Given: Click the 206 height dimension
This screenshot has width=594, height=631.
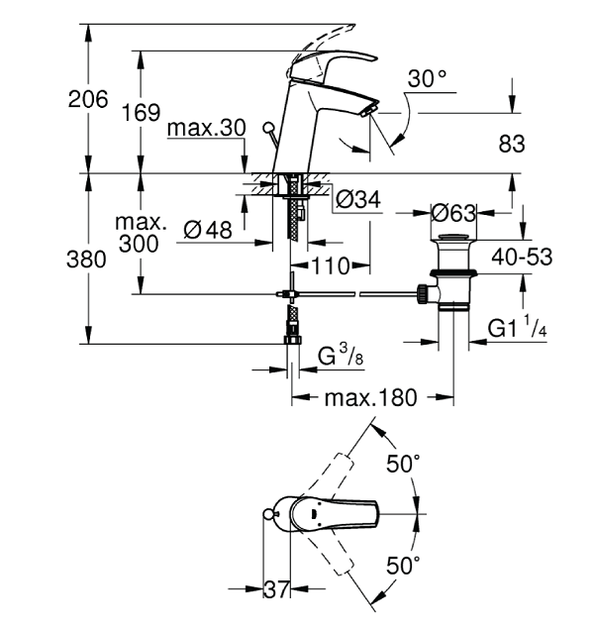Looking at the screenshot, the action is point(88,99).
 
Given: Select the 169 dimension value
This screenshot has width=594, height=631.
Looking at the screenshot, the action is point(141,112).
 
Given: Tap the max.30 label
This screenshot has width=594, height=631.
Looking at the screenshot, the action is point(206,129).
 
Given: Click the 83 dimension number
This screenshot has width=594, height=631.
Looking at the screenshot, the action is point(512,144).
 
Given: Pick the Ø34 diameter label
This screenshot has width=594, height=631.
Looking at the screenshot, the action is point(358,199).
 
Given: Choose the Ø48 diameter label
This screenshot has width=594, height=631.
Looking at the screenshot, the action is point(208,230).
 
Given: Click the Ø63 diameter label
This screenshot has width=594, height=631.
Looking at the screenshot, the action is point(453,213).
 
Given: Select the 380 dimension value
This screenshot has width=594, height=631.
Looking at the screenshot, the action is point(86,260).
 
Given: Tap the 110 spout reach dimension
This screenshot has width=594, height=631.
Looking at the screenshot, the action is point(331,266).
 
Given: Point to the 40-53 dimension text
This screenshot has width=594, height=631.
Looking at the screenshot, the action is point(522,257).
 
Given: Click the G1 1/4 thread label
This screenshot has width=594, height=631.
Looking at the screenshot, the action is point(517,327).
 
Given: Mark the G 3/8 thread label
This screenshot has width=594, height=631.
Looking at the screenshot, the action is point(341,355).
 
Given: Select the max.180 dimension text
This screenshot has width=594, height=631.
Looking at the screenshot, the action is point(371,397).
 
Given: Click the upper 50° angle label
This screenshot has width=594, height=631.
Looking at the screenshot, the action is point(403,464).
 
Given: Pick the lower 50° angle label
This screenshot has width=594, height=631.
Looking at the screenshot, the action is point(403,565).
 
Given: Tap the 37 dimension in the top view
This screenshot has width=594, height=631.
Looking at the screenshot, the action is point(276,589).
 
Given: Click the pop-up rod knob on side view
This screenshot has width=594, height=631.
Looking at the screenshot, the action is point(267,128).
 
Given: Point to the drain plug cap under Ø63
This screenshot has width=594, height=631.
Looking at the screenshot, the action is point(453,238).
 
